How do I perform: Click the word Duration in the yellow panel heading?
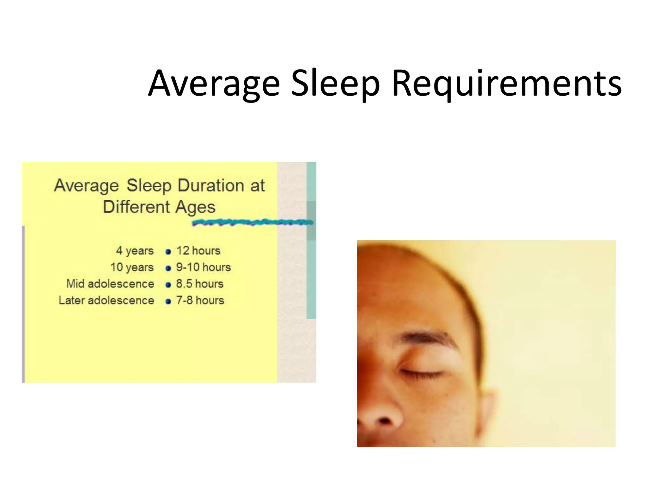point(211,185)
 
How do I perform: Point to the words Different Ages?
point(159,207)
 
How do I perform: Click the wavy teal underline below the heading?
point(252,223)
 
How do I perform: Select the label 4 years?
point(135,251)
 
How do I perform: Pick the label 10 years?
point(132,267)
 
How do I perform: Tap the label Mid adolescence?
point(110,284)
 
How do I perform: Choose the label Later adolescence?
point(106,301)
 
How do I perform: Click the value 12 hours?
point(198,251)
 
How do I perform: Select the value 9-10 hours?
point(203,267)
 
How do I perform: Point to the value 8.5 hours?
point(200,284)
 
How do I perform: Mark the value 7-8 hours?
point(200,301)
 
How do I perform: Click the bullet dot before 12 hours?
point(168,252)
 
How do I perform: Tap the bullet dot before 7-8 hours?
point(168,302)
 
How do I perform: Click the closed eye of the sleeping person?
point(420,372)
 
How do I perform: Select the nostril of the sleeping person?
point(384,421)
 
